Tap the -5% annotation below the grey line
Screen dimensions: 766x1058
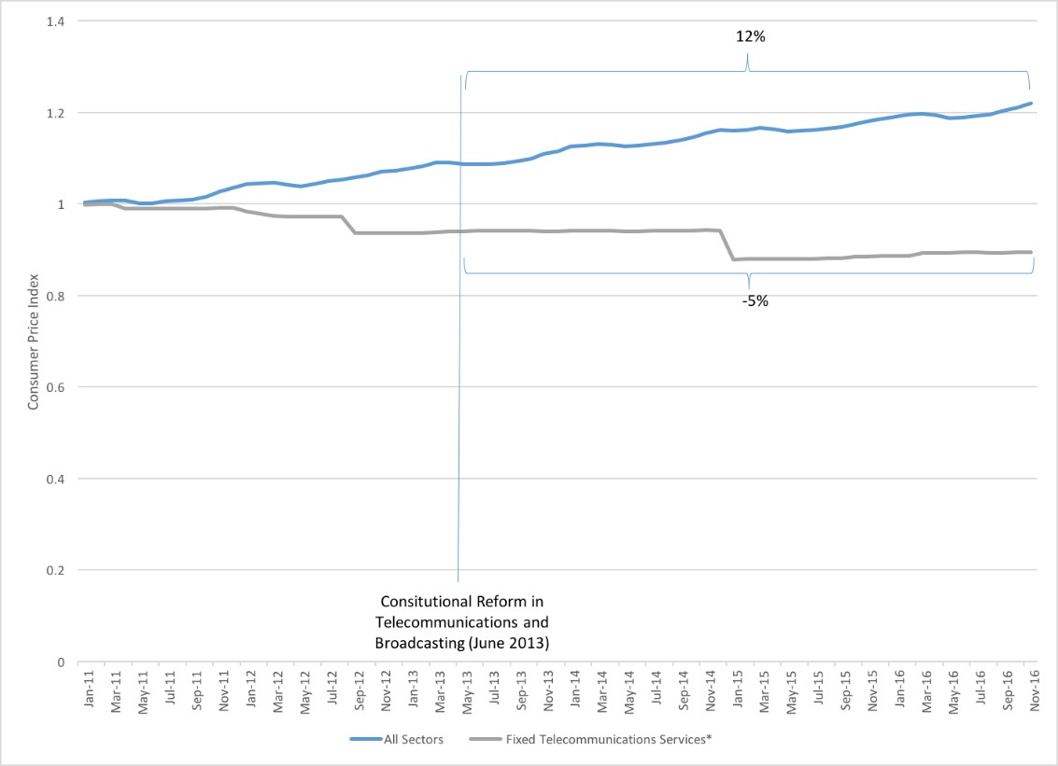click(755, 301)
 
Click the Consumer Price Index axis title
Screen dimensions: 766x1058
click(32, 341)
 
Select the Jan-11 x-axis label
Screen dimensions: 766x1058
click(89, 688)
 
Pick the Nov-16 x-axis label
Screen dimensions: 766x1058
click(1034, 688)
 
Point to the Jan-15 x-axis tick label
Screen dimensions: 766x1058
click(737, 688)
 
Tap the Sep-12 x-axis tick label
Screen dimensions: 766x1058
click(360, 688)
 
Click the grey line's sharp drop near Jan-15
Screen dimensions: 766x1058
click(726, 244)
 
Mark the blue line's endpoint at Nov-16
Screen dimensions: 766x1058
click(1030, 104)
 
